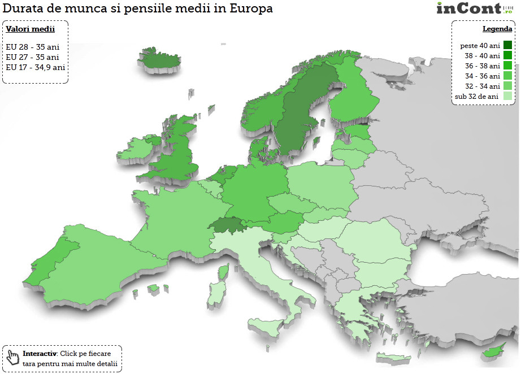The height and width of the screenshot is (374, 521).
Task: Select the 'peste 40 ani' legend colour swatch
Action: click(x=507, y=45)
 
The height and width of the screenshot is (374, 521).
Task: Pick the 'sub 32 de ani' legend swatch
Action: click(x=507, y=96)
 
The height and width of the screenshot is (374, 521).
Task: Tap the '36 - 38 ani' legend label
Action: click(x=482, y=66)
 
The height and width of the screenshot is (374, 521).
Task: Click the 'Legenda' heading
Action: click(x=497, y=29)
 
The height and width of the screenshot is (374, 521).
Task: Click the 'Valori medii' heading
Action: click(x=31, y=29)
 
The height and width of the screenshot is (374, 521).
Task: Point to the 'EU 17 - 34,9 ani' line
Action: click(x=36, y=67)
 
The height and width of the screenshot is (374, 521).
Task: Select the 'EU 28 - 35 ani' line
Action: click(x=33, y=46)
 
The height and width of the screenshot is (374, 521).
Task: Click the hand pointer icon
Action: click(x=13, y=357)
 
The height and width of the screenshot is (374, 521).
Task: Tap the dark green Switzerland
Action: click(x=230, y=225)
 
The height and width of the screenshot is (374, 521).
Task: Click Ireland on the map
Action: click(x=136, y=148)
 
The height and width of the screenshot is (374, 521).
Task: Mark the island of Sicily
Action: click(x=266, y=326)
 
